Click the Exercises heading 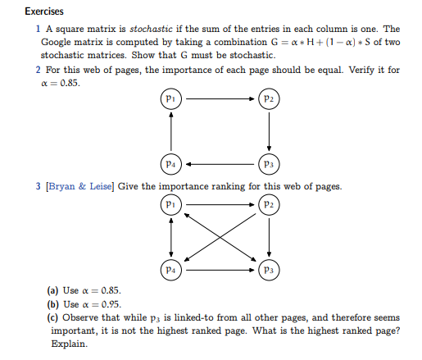coord(44,11)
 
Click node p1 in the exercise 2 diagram coord(170,99)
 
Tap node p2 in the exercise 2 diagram coord(270,99)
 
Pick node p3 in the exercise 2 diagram coord(270,162)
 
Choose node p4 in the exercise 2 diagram coord(170,162)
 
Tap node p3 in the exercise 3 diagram coord(270,268)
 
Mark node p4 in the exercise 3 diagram coord(170,268)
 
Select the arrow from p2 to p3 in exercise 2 coord(270,131)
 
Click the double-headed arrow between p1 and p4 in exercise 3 coord(170,236)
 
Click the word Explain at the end coord(68,344)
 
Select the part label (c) coord(53,317)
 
